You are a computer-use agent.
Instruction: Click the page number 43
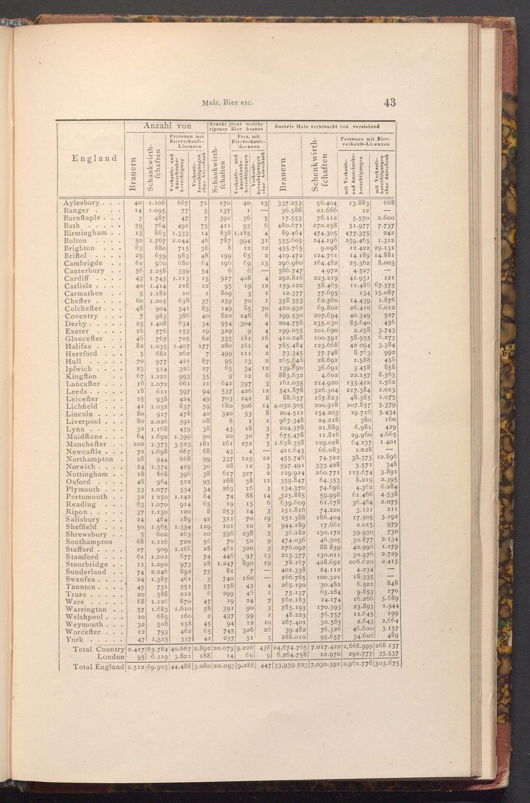pyautogui.click(x=390, y=102)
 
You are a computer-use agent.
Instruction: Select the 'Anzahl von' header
pyautogui.click(x=165, y=126)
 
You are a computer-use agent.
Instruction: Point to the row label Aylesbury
pyautogui.click(x=81, y=203)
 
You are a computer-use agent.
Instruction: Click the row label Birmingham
pyautogui.click(x=85, y=233)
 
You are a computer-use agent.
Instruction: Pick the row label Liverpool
pyautogui.click(x=84, y=421)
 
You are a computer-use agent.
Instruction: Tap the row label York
pyautogui.click(x=75, y=639)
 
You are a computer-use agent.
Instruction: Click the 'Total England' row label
pyautogui.click(x=98, y=666)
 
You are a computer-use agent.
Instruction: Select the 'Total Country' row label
pyautogui.click(x=98, y=649)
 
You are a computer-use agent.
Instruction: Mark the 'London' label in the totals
pyautogui.click(x=110, y=657)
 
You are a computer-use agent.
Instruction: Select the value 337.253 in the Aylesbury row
pyautogui.click(x=290, y=203)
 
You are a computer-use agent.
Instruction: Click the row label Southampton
pyautogui.click(x=89, y=542)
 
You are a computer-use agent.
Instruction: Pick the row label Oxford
pyautogui.click(x=79, y=482)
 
